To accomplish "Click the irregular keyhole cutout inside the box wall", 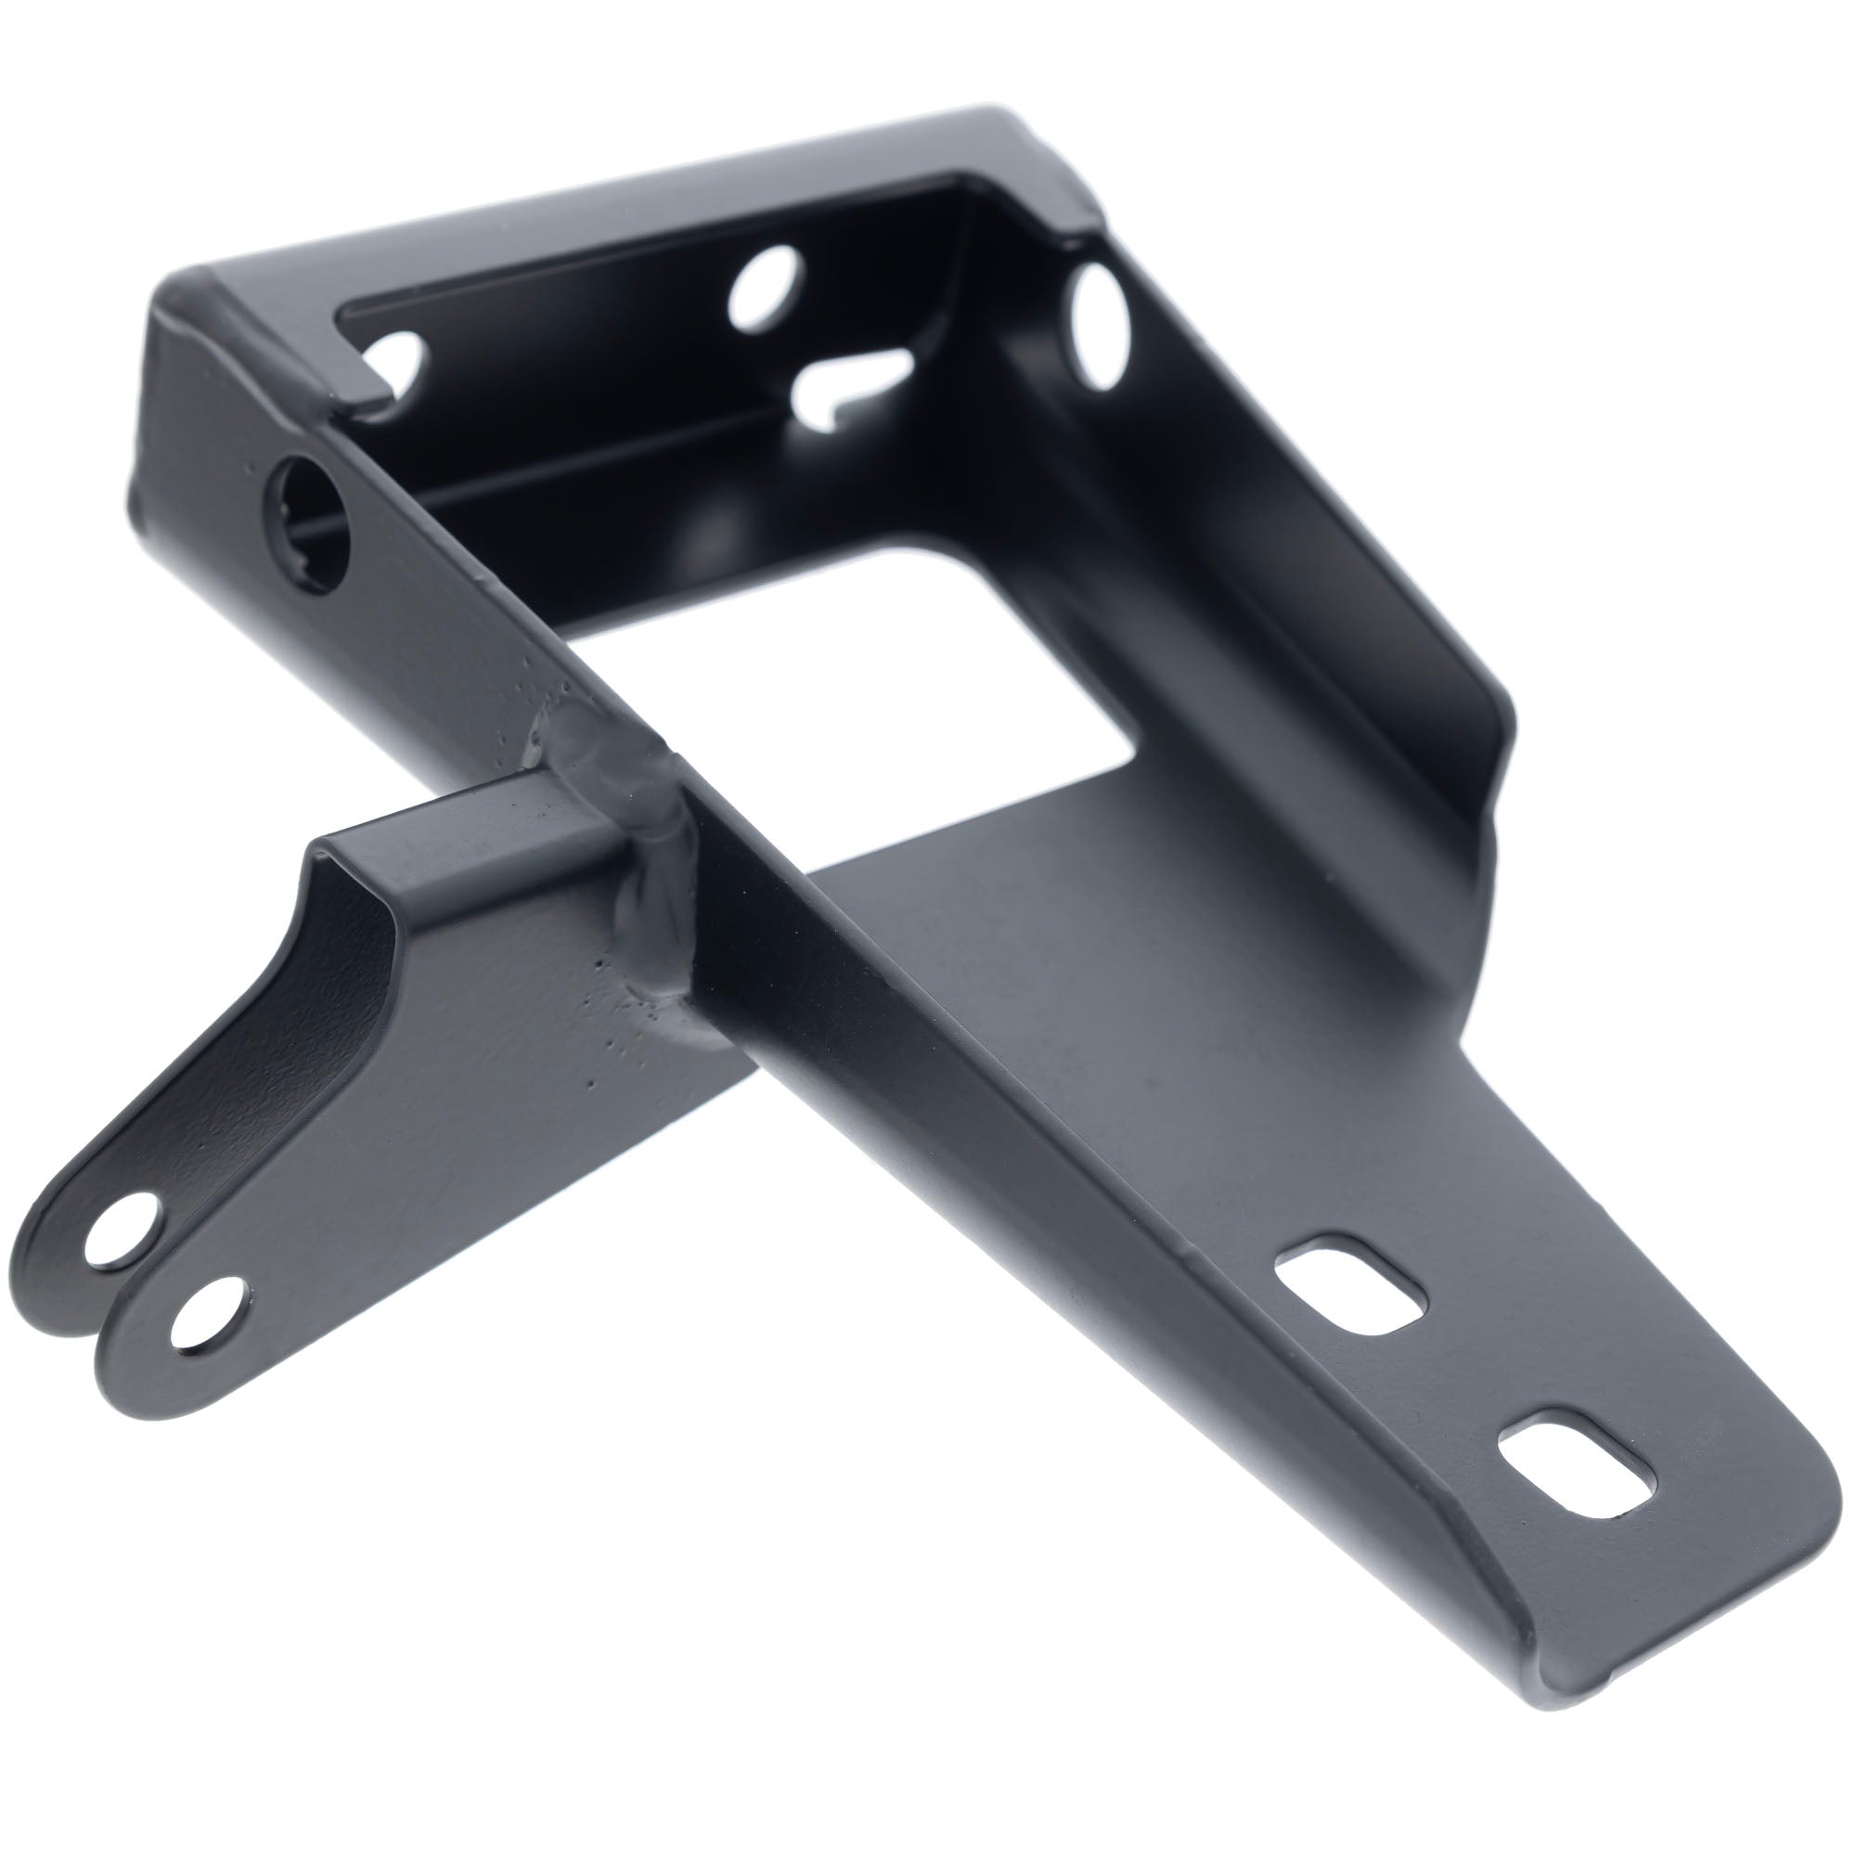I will pyautogui.click(x=849, y=384).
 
